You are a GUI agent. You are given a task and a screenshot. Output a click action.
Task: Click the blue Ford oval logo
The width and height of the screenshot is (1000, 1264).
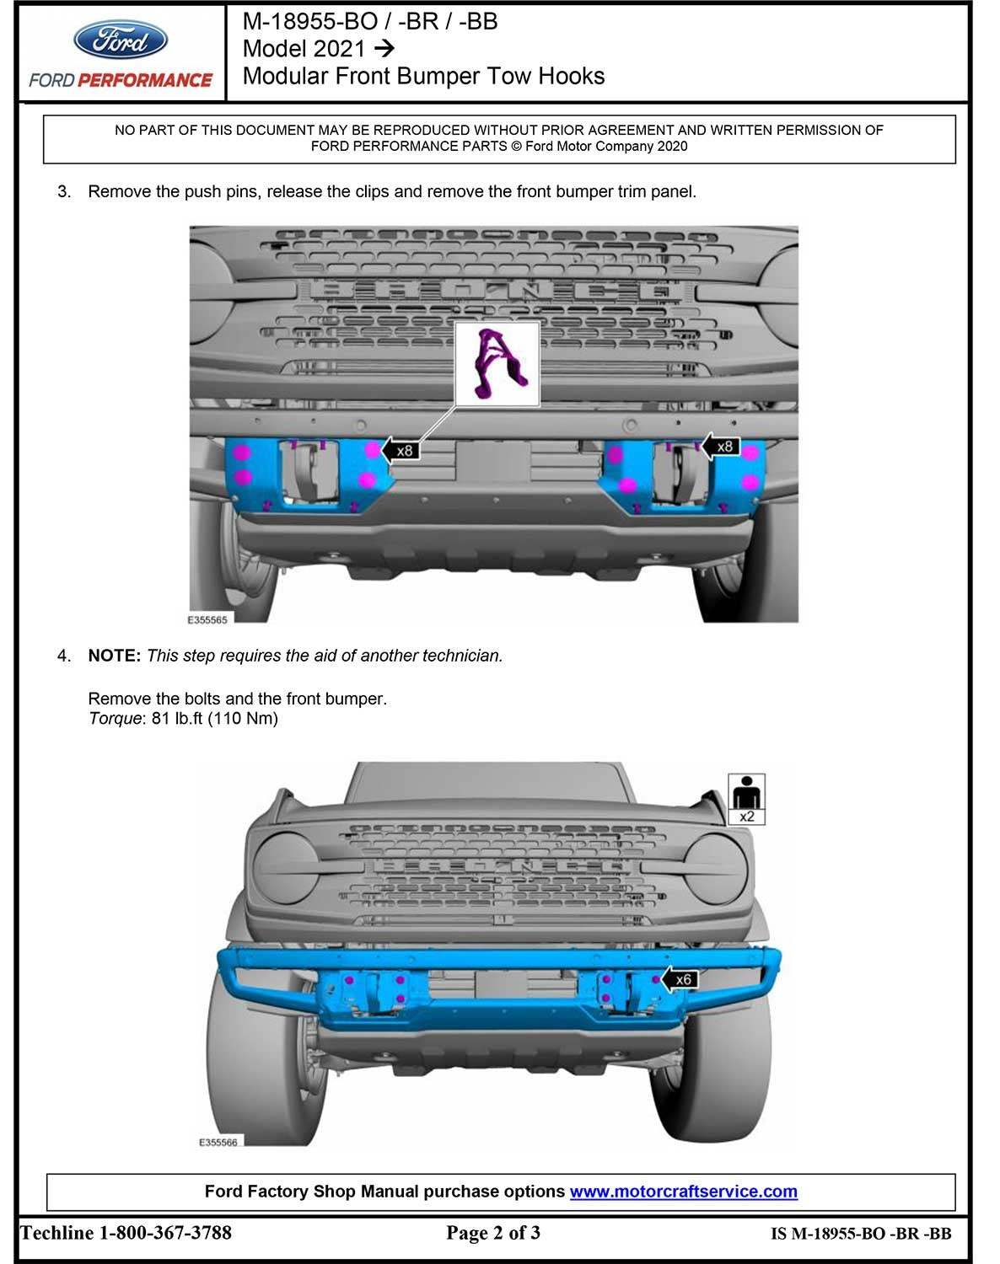[121, 40]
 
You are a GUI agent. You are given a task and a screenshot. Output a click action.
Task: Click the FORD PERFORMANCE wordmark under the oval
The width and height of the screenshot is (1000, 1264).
[121, 80]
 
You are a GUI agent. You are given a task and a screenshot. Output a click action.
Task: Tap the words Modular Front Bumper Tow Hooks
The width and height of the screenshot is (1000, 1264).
[423, 76]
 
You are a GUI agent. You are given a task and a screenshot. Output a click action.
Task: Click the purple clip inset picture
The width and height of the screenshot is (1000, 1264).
[497, 364]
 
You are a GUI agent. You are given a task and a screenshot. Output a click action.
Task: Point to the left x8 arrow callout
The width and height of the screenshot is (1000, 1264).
[401, 451]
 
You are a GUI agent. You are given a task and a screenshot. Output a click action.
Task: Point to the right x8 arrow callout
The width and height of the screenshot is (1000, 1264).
[720, 447]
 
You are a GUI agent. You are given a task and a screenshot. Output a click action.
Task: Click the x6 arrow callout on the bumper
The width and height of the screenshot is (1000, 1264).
[680, 979]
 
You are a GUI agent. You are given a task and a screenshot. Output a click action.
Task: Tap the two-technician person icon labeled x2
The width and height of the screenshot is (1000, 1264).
[746, 798]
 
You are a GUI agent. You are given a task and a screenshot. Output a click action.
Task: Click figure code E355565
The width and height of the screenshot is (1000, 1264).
[207, 619]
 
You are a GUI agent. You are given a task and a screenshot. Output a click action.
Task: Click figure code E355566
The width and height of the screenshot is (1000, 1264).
[218, 1142]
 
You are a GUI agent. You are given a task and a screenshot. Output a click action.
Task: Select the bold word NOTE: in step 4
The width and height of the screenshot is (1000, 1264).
[114, 656]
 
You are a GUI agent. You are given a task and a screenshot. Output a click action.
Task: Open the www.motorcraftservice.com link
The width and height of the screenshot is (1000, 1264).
[683, 1192]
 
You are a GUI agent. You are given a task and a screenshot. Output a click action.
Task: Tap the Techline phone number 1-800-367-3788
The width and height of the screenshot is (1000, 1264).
[165, 1233]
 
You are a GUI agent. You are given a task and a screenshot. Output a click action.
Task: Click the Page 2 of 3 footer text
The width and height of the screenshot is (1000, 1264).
[493, 1233]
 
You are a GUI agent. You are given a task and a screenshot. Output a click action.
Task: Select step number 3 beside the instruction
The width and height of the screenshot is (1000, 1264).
[64, 192]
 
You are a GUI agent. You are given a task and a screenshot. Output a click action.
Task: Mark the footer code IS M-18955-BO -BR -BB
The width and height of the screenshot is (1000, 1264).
[861, 1234]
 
